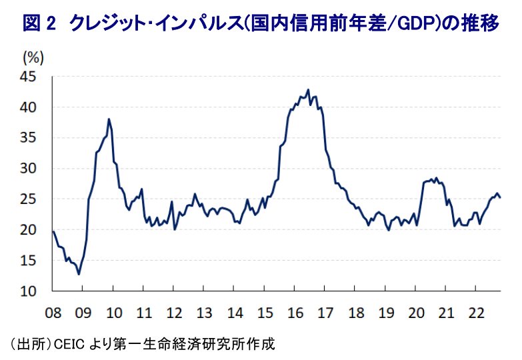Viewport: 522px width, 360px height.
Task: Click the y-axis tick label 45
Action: click(x=35, y=77)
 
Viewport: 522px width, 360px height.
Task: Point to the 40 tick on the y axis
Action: click(x=35, y=107)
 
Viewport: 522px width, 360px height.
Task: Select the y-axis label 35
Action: click(x=35, y=138)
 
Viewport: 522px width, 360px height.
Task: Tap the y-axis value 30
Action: click(x=35, y=169)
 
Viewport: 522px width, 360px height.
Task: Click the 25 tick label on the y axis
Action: click(x=35, y=199)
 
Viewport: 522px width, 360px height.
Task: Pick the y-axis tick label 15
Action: click(x=35, y=261)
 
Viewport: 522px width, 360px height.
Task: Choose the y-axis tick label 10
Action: click(x=35, y=291)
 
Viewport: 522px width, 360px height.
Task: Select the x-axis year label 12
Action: click(x=174, y=312)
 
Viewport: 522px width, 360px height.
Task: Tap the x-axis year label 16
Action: click(x=295, y=312)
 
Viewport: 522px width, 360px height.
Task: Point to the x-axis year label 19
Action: click(x=387, y=312)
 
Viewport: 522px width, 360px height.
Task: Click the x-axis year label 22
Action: click(x=477, y=312)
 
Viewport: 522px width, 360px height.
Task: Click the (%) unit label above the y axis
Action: click(x=33, y=57)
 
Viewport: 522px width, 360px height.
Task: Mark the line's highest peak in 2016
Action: click(x=308, y=90)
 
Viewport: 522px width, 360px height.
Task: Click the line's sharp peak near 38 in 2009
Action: click(x=109, y=119)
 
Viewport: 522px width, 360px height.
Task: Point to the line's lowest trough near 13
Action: click(x=79, y=273)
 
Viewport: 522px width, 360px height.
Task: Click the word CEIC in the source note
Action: click(x=69, y=345)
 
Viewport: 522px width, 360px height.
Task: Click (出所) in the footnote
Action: click(x=29, y=345)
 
